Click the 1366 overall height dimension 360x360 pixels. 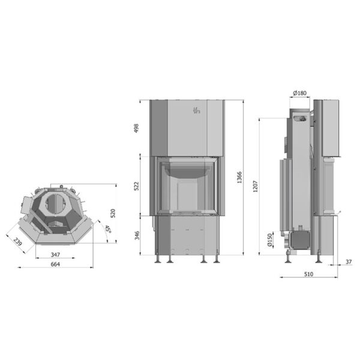(239, 178)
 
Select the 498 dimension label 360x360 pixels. (136, 128)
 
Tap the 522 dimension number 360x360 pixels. (136, 186)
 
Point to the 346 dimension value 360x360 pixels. (137, 236)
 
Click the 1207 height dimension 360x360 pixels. (256, 187)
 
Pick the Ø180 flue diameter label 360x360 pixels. (300, 93)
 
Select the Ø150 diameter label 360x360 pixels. (269, 240)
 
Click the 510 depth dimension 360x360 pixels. (308, 274)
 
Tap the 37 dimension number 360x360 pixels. (349, 262)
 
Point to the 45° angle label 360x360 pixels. (107, 229)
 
